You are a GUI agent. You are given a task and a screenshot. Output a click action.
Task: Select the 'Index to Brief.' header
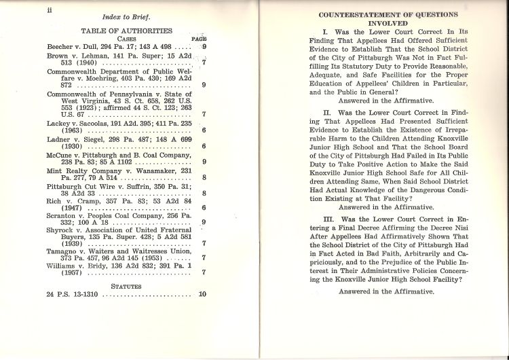[x=126, y=16]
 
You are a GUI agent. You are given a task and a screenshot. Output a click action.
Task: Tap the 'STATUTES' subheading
[x=126, y=286]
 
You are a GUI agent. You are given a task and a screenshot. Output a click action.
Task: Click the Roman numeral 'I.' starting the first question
[x=325, y=32]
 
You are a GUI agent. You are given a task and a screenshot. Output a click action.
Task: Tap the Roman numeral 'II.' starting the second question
[x=326, y=110]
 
